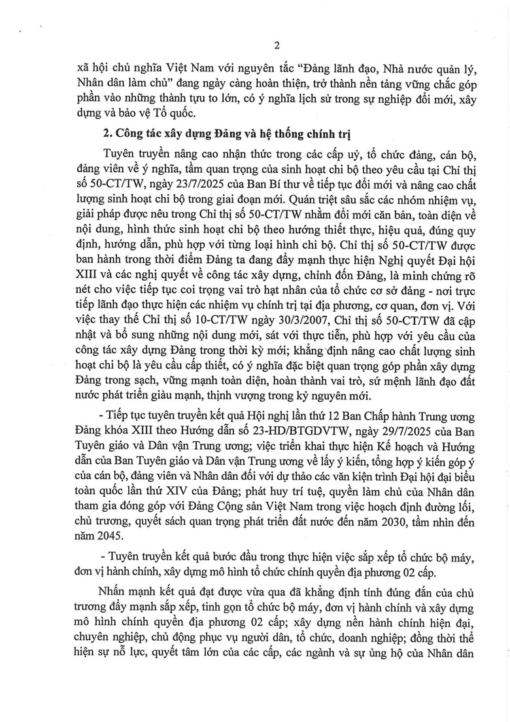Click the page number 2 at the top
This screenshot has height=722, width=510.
click(277, 45)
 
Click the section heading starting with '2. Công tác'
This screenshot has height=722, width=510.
click(228, 135)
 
